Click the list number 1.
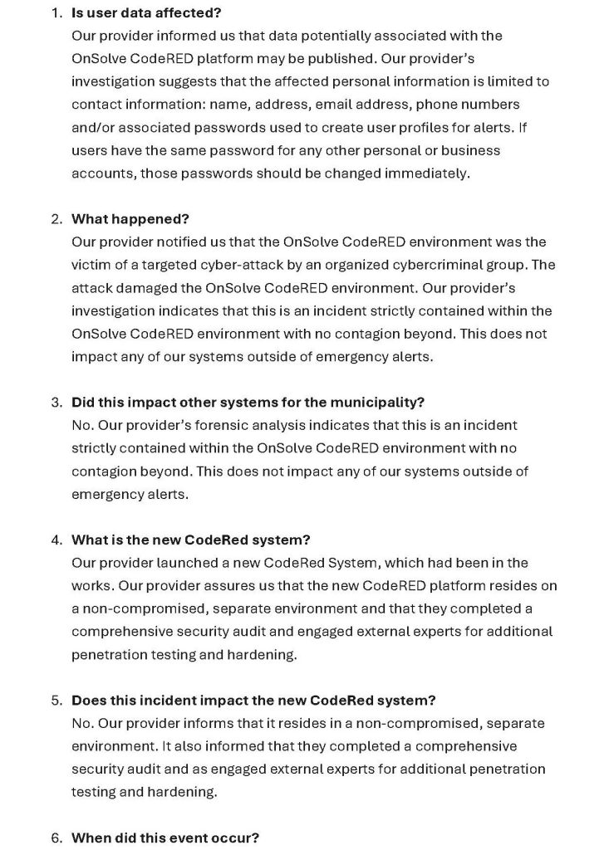tap(55, 13)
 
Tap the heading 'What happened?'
tap(130, 219)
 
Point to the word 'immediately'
tap(431, 173)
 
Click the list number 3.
tap(55, 402)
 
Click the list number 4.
tap(55, 540)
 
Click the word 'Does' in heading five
tap(88, 700)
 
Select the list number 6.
tap(55, 838)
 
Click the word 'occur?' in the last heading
tap(238, 838)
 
